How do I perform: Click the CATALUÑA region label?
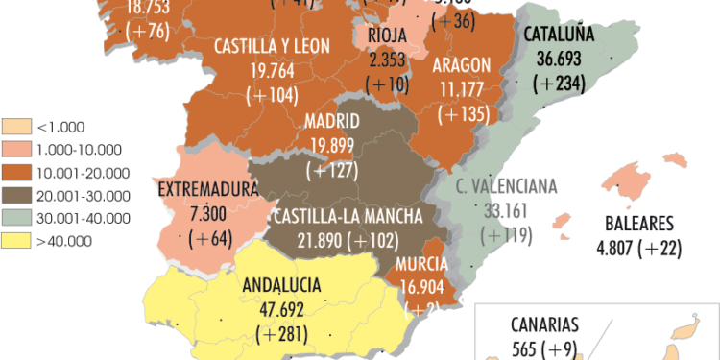click(x=560, y=36)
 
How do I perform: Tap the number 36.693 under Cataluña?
click(x=560, y=59)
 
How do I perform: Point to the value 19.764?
click(x=272, y=72)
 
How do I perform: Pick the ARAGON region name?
click(x=462, y=65)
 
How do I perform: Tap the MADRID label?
click(x=331, y=122)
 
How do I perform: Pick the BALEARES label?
click(x=640, y=225)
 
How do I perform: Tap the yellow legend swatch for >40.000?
click(x=17, y=241)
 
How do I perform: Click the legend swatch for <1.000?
click(x=17, y=126)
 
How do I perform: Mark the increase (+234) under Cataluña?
click(x=559, y=84)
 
